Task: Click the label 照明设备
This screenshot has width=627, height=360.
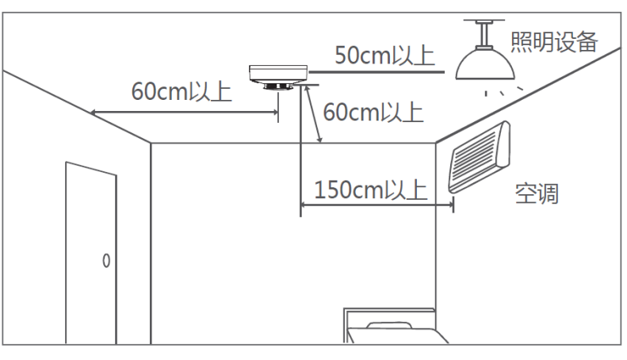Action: point(554,41)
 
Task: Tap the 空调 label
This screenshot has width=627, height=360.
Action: point(537,193)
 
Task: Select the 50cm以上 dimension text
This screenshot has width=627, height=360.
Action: point(384,56)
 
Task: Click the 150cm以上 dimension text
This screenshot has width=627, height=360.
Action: point(371,190)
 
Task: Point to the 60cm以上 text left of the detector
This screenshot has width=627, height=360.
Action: point(182,91)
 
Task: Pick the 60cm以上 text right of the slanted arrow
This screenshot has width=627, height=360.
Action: point(373,112)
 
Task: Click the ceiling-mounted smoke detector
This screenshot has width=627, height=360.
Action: point(278,78)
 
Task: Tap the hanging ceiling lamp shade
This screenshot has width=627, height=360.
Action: point(485,64)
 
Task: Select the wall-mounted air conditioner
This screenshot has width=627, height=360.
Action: point(479,158)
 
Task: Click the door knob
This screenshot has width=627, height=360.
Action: point(106,261)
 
